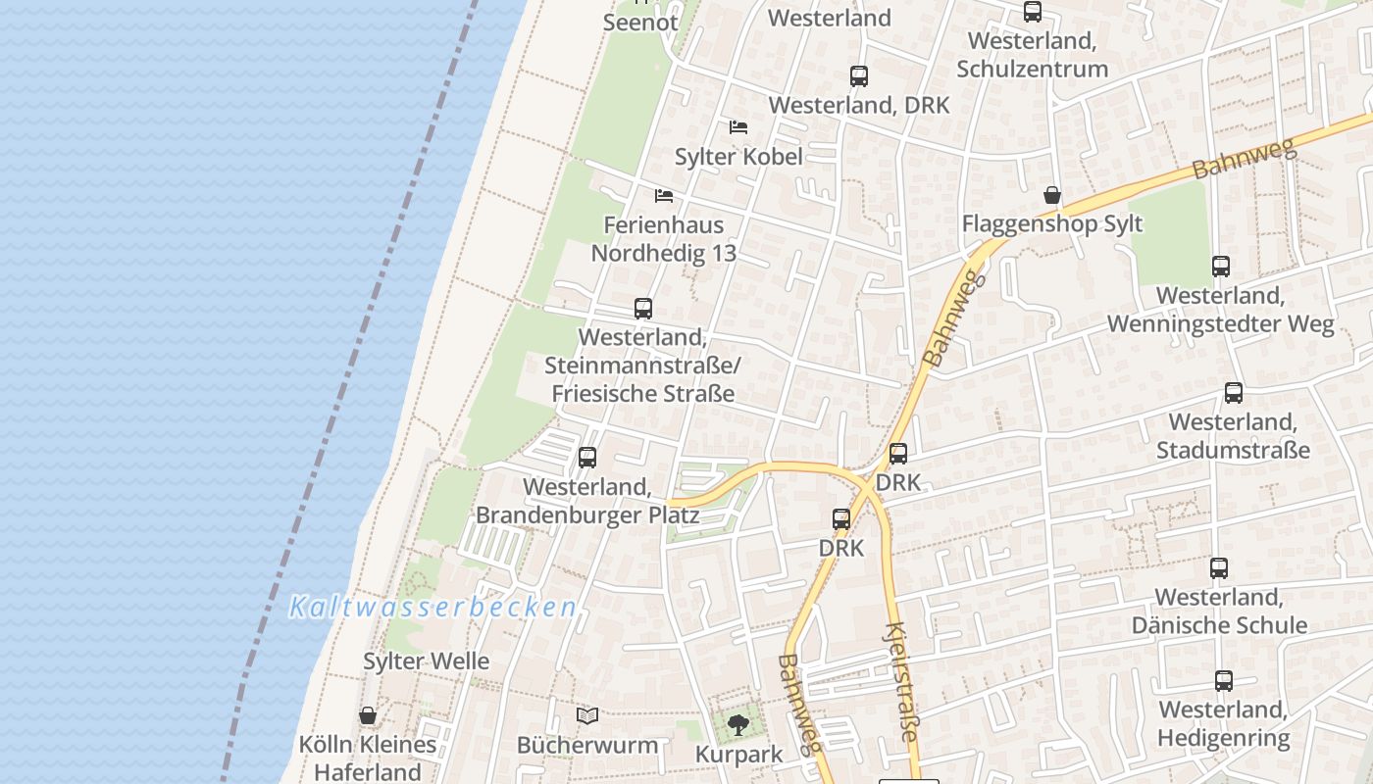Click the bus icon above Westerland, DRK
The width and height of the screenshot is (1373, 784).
[859, 75]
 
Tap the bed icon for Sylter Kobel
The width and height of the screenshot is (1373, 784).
[738, 127]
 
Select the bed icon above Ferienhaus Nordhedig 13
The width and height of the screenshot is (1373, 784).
[664, 195]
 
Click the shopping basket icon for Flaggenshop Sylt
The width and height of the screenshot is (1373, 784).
[1052, 195]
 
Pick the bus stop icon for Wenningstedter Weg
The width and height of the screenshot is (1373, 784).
[1221, 266]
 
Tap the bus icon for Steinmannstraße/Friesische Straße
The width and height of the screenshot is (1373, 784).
[643, 308]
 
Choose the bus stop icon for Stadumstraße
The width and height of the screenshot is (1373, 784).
[1234, 392]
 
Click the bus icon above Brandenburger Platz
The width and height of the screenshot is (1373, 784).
[587, 457]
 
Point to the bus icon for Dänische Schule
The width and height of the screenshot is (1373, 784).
[1219, 567]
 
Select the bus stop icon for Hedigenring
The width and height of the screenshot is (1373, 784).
[1224, 680]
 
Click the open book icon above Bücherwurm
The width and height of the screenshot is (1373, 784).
[587, 716]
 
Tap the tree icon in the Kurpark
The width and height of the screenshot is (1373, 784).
[738, 725]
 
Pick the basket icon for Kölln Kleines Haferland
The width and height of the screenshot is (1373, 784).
[368, 715]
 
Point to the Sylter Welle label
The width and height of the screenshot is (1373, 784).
[426, 661]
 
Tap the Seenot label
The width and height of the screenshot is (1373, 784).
[640, 22]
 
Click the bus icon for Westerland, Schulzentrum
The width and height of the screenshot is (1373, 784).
[1033, 12]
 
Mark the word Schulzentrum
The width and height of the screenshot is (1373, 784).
[1033, 69]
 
